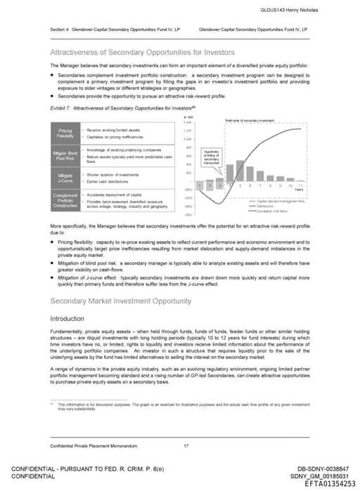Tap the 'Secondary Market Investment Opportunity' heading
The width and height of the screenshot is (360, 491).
point(120,301)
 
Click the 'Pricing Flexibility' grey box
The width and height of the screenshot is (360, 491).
point(65,133)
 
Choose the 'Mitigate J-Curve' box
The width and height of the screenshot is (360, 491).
point(65,176)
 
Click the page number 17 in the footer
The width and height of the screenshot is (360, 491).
point(186,445)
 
